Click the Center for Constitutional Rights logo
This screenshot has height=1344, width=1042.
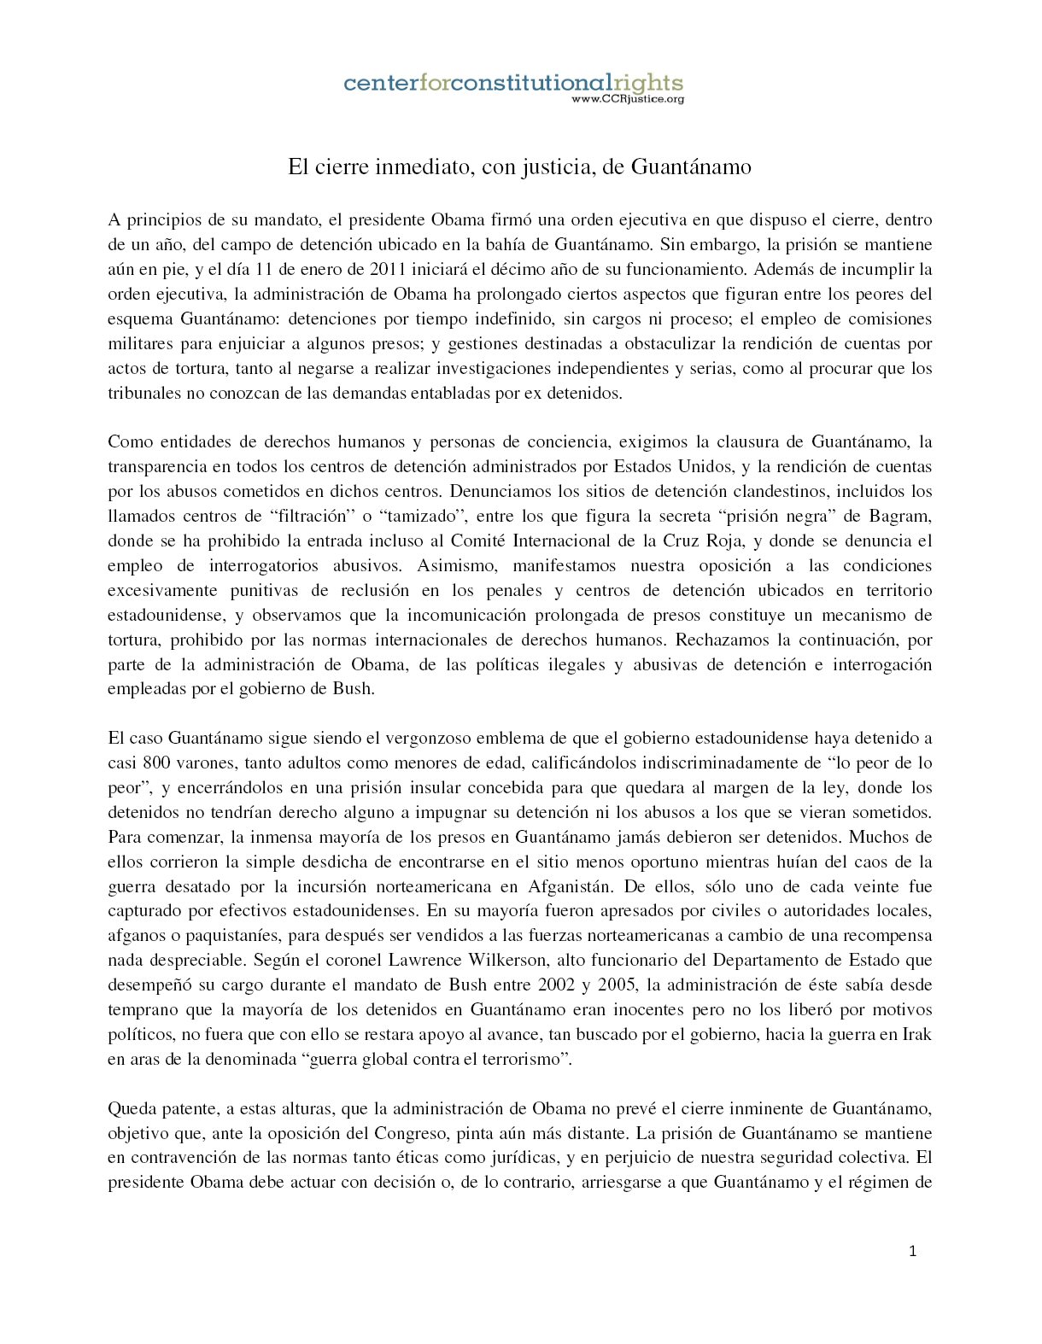512,84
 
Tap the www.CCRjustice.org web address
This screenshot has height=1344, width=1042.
627,99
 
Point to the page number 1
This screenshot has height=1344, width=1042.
913,1252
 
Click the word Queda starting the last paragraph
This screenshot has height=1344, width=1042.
130,1108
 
